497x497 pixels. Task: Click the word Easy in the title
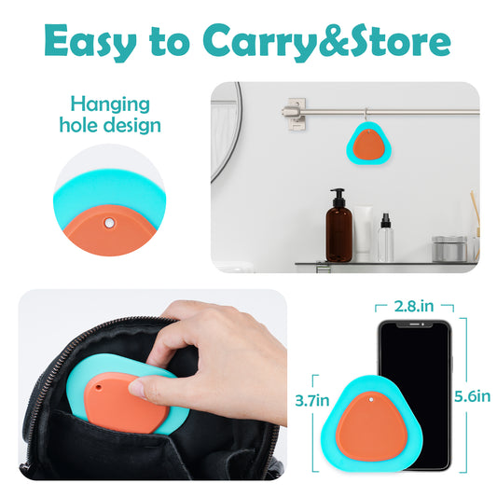click(x=90, y=42)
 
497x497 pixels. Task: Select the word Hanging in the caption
click(x=110, y=105)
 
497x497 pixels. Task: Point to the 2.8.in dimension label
click(x=414, y=306)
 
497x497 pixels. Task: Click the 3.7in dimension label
click(x=312, y=400)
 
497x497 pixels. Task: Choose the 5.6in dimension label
click(x=472, y=396)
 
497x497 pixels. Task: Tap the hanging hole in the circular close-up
click(x=109, y=223)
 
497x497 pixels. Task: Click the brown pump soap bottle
click(x=338, y=226)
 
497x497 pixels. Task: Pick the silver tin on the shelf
click(x=449, y=249)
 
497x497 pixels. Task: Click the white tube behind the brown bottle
click(x=363, y=229)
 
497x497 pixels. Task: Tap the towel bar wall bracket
click(x=295, y=114)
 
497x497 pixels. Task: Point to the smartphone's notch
click(x=415, y=324)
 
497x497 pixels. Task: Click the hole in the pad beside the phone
click(x=371, y=400)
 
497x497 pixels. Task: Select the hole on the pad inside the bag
click(x=99, y=387)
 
